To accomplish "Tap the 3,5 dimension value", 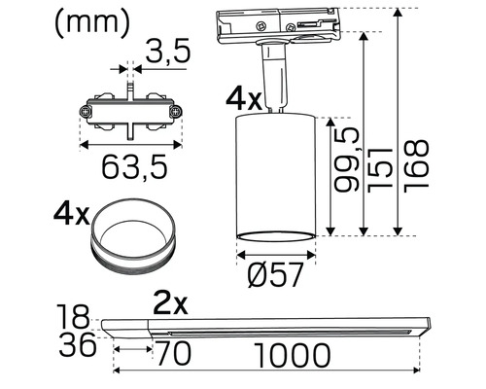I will click(166, 54).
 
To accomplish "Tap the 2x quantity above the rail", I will click(169, 303).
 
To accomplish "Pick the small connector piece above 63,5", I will click(128, 113).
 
